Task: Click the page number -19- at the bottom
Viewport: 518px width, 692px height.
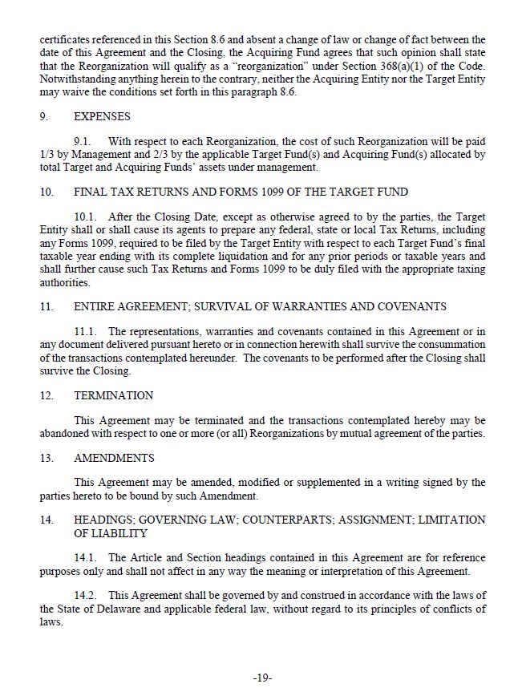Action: click(x=262, y=678)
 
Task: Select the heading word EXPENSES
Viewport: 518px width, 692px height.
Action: click(x=102, y=115)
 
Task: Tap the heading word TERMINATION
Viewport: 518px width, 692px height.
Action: click(x=113, y=395)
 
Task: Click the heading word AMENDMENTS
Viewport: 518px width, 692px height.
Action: click(x=113, y=458)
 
